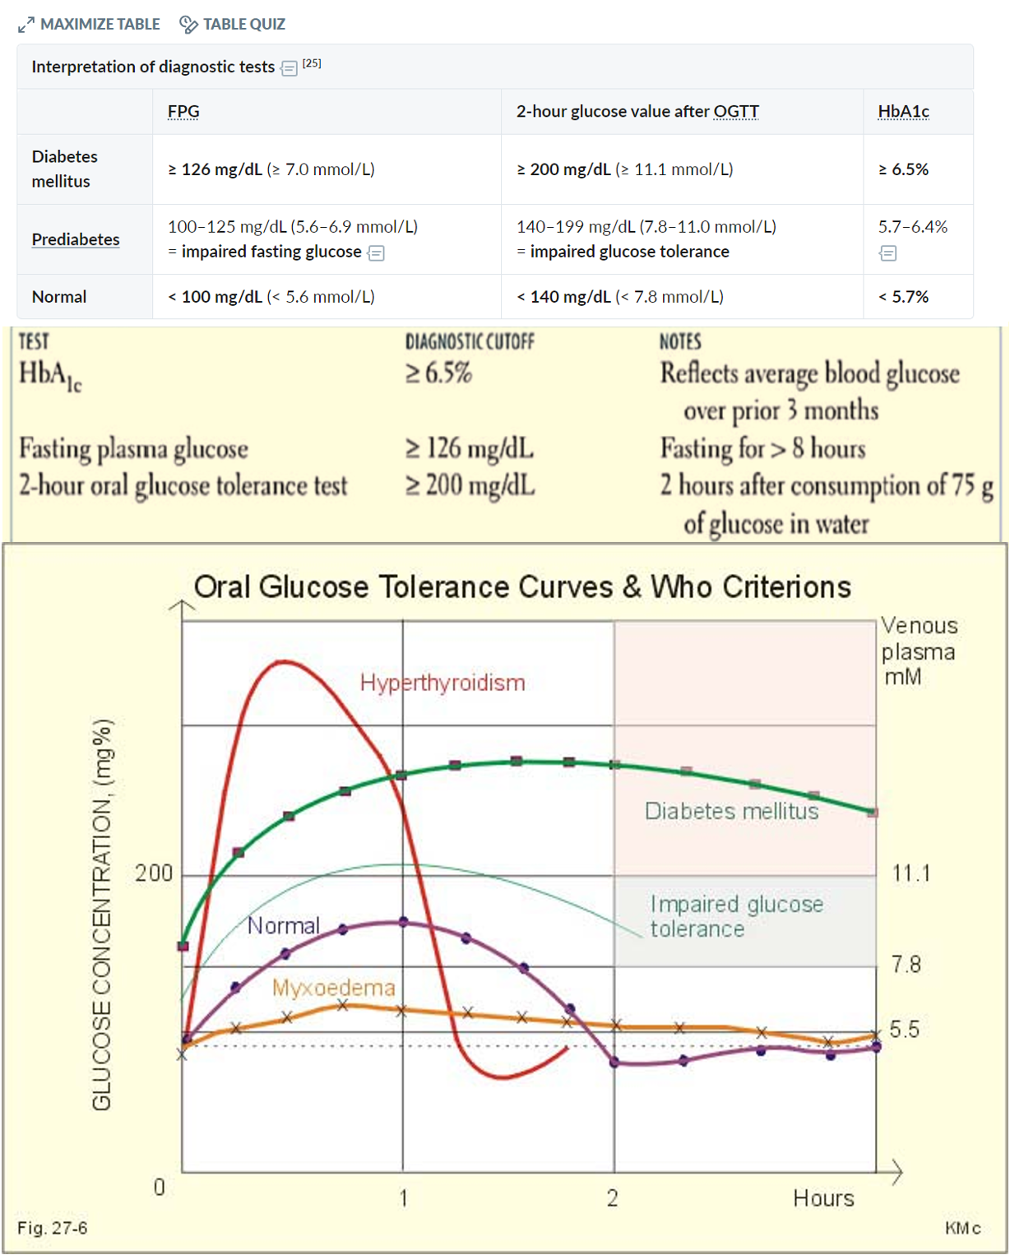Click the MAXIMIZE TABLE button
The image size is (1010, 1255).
pyautogui.click(x=90, y=25)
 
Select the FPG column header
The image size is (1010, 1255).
pyautogui.click(x=183, y=112)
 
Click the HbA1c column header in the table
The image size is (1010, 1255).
pyautogui.click(x=903, y=112)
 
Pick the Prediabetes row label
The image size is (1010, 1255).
pyautogui.click(x=76, y=239)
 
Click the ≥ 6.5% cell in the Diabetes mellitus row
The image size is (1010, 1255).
pyautogui.click(x=903, y=169)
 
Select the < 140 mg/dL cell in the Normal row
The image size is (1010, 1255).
pyautogui.click(x=620, y=297)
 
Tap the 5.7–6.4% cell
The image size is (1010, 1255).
pyautogui.click(x=912, y=227)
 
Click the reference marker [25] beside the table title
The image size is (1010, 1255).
pyautogui.click(x=312, y=63)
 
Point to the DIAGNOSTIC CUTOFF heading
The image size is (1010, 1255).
pyautogui.click(x=470, y=342)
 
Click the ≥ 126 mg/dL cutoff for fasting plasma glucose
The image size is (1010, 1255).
pyautogui.click(x=470, y=449)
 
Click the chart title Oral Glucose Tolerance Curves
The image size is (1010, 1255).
pyautogui.click(x=522, y=587)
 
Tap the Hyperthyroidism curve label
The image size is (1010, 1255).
pyautogui.click(x=442, y=683)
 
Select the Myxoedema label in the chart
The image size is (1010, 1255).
pyautogui.click(x=333, y=988)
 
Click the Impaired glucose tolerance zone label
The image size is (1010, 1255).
pyautogui.click(x=735, y=916)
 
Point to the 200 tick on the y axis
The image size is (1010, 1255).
pyautogui.click(x=154, y=873)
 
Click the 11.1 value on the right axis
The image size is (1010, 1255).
pyautogui.click(x=911, y=873)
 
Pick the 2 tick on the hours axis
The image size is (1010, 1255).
pyautogui.click(x=613, y=1197)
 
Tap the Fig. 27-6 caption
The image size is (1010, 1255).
pyautogui.click(x=53, y=1228)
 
